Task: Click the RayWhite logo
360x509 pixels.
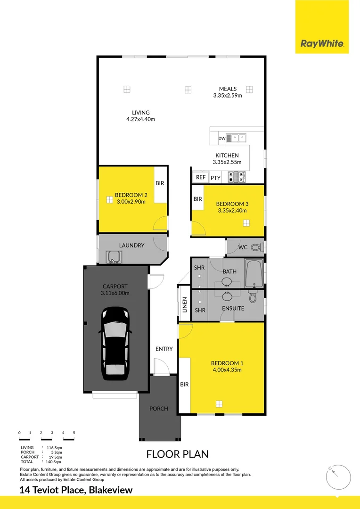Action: [x=322, y=44]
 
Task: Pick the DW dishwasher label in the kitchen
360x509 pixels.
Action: [x=222, y=139]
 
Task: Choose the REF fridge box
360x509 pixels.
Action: [x=201, y=177]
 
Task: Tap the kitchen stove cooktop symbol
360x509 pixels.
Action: [x=237, y=177]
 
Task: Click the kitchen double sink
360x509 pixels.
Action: [x=237, y=138]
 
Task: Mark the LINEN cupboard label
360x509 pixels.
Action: [x=185, y=305]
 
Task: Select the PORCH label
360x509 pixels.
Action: [x=159, y=409]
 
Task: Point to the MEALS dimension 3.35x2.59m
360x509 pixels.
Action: [x=228, y=96]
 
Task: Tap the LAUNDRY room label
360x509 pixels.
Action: [x=131, y=246]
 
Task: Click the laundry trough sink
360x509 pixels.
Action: [x=114, y=257]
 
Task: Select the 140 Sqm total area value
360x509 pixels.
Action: [x=54, y=462]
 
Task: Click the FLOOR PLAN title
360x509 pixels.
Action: [x=177, y=454]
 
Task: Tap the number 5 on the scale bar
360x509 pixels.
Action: [x=74, y=433]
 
